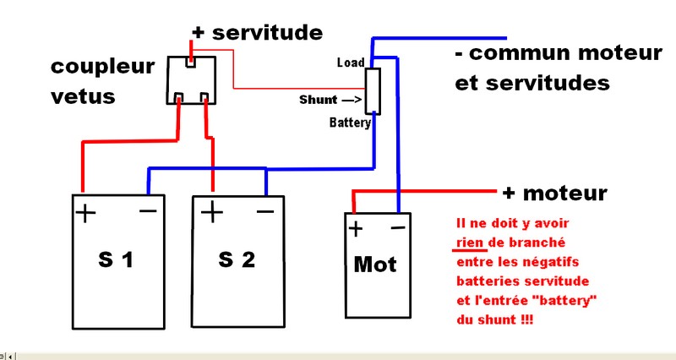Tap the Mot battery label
point(374,264)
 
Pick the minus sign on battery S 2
point(264,210)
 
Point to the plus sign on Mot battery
point(356,228)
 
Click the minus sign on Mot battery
point(398,227)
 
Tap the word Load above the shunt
point(350,63)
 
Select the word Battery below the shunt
point(350,123)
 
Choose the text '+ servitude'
point(257,33)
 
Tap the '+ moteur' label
point(554,194)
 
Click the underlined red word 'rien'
point(467,243)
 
